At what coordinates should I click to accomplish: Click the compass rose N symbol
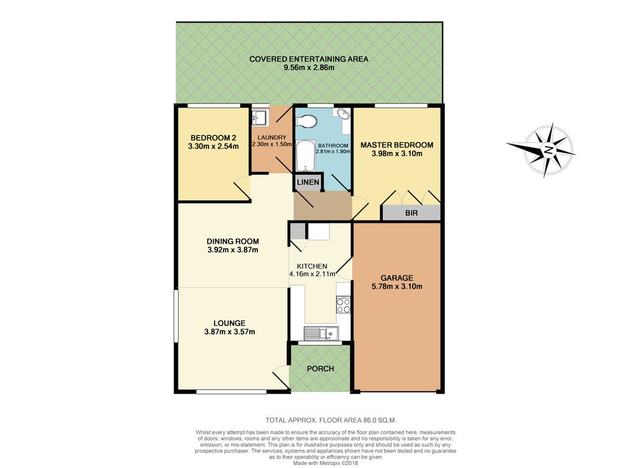(x=549, y=150)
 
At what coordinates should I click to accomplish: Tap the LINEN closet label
(x=308, y=182)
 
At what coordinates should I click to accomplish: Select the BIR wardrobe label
(x=411, y=213)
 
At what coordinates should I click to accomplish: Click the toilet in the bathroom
(x=307, y=121)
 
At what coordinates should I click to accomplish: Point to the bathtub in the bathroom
(x=306, y=156)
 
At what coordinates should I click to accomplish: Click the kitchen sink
(x=322, y=332)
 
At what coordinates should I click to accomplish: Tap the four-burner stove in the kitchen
(x=343, y=305)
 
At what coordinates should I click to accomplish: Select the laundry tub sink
(x=259, y=118)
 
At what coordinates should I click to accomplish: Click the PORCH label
(x=321, y=369)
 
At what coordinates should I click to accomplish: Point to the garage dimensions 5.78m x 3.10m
(x=397, y=286)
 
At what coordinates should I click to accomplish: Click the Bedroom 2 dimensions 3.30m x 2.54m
(x=213, y=146)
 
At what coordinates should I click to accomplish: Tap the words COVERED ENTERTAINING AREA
(x=309, y=59)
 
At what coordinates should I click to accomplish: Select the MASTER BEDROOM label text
(x=397, y=145)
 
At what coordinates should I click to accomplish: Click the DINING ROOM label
(x=233, y=241)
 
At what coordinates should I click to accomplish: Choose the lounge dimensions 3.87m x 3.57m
(x=230, y=332)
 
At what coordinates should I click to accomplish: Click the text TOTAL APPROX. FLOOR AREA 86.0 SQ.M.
(x=331, y=420)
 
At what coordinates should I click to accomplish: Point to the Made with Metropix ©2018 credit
(x=325, y=463)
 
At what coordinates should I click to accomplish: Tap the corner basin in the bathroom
(x=344, y=114)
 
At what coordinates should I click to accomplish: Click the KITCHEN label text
(x=312, y=266)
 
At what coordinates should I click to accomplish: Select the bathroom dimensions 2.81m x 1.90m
(x=333, y=152)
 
